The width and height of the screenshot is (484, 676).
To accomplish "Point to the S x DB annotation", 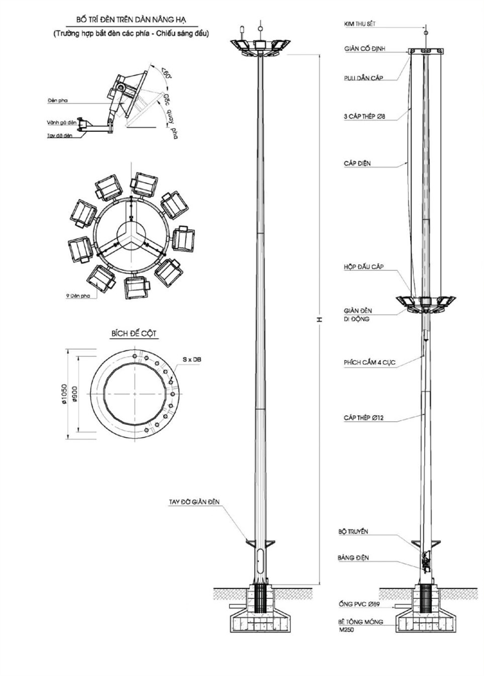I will tap(192, 360).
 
